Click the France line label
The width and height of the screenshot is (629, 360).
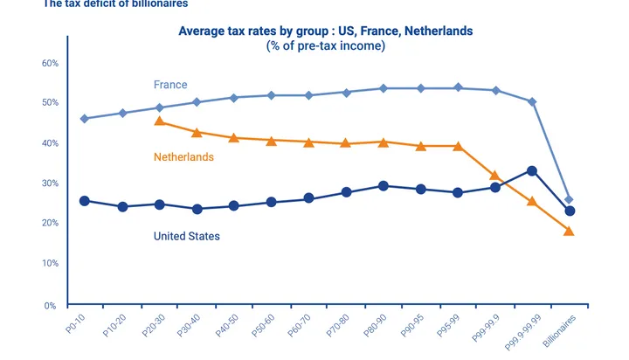click(x=170, y=85)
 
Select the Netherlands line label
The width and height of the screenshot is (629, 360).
click(x=183, y=157)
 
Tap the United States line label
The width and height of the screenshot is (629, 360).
click(x=186, y=236)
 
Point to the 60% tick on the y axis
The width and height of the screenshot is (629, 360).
click(x=51, y=64)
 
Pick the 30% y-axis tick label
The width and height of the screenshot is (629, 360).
click(x=51, y=183)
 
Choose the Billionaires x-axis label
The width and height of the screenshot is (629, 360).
click(x=560, y=333)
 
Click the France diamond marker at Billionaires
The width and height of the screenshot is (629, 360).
click(x=569, y=200)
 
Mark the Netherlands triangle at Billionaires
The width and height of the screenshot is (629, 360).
click(x=569, y=231)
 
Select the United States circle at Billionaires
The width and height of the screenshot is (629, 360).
click(x=570, y=211)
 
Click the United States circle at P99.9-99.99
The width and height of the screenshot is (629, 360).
click(x=532, y=171)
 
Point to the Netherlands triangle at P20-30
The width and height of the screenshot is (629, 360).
click(x=159, y=121)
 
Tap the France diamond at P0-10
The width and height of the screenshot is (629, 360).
click(x=85, y=119)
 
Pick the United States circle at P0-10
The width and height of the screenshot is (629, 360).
click(x=85, y=201)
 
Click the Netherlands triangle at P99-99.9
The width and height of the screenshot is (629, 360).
click(x=494, y=176)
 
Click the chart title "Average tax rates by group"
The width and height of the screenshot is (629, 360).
click(x=325, y=31)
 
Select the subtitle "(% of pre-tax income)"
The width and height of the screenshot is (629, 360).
click(x=325, y=45)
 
